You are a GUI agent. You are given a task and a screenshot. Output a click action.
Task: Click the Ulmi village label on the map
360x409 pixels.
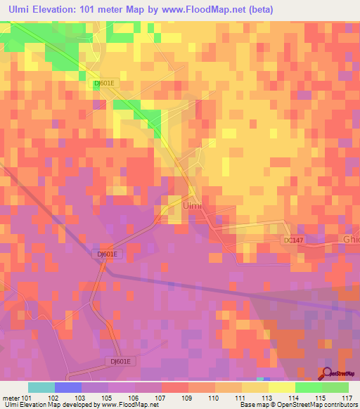[x=192, y=206]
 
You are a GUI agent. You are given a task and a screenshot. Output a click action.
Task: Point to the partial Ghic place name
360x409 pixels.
[x=351, y=239]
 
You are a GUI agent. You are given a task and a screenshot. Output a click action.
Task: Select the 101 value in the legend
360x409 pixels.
[x=27, y=397]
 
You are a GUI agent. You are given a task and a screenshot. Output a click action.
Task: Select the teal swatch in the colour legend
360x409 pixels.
[x=41, y=387]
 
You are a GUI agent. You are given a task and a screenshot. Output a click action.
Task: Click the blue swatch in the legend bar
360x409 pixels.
[x=68, y=387]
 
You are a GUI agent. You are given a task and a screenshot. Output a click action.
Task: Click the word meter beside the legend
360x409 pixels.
[x=11, y=397]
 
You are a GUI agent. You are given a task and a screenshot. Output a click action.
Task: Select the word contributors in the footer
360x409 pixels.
[x=340, y=405]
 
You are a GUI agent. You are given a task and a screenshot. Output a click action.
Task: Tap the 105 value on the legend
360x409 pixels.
[x=109, y=397]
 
